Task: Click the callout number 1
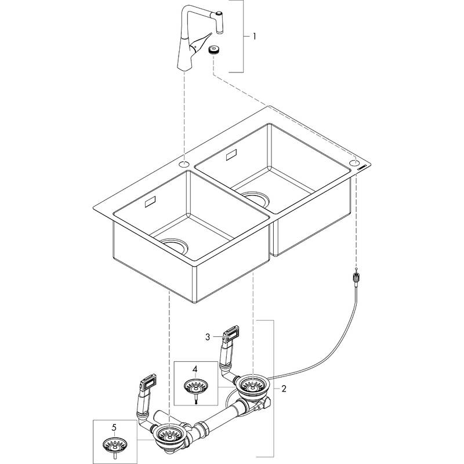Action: point(253,36)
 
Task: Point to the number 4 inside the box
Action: point(195,368)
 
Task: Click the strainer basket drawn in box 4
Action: point(195,386)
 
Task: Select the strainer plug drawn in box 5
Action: point(114,445)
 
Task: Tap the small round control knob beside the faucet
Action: point(215,50)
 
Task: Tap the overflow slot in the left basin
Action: point(148,202)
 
